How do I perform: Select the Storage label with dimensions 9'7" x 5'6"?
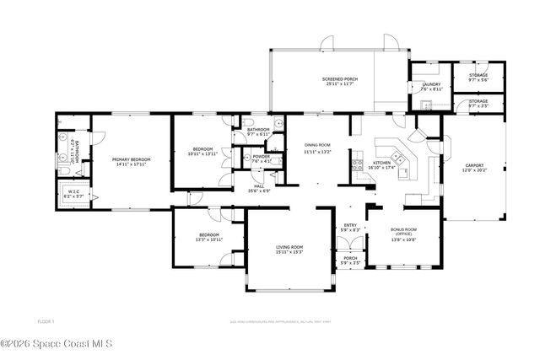[x=478, y=77]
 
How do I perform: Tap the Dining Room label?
[x=317, y=148]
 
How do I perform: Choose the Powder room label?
[x=261, y=158]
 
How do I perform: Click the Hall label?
[x=258, y=188]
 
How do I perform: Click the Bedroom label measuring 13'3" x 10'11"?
[x=209, y=237]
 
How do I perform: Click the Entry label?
[x=350, y=228]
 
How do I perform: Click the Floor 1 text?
[x=46, y=321]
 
